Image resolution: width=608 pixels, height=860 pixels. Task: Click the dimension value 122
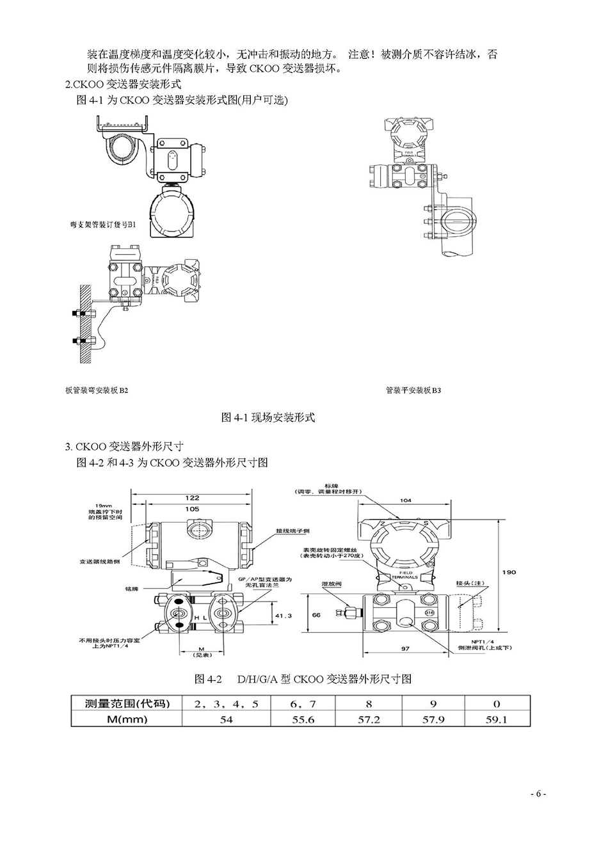pos(192,497)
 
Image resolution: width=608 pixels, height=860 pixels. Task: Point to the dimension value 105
pos(192,509)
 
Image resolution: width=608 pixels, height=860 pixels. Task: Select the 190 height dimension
pos(509,572)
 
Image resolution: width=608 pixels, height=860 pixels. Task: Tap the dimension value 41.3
pos(283,615)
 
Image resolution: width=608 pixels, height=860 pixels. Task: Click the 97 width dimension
pos(405,649)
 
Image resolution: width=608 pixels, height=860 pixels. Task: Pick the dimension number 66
pos(316,614)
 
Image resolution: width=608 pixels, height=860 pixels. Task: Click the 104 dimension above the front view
pos(405,500)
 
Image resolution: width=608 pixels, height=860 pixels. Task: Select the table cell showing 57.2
pos(369,719)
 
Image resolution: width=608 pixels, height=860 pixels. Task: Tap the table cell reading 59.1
pos(497,719)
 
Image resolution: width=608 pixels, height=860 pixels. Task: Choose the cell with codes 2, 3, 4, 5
pos(227,704)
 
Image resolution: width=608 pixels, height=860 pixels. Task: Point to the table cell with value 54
pos(227,719)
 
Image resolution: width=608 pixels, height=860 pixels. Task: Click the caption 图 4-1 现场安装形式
pos(268,417)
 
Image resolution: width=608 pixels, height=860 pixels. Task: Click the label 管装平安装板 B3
pos(413,390)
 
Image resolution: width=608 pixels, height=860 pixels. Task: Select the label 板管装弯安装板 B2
pos(97,390)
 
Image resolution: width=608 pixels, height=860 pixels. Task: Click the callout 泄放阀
pos(331,584)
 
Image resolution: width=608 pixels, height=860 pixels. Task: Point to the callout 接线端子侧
pos(292,531)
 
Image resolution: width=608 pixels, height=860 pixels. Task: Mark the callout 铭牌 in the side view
pos(131,588)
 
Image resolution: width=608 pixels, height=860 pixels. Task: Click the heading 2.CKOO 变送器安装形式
pos(124,84)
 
